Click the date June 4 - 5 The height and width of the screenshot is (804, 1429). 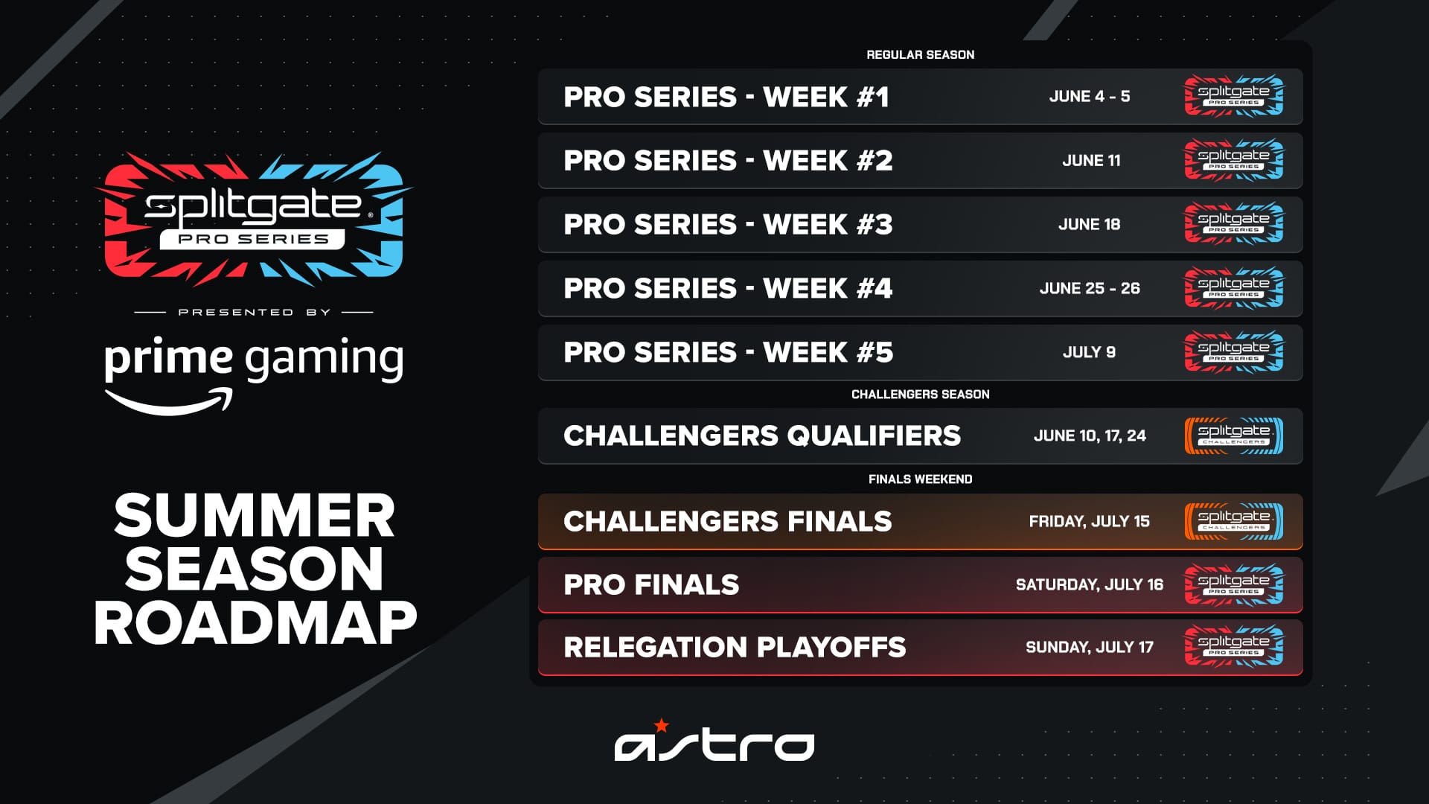[1089, 97]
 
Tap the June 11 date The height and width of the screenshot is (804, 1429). [1091, 161]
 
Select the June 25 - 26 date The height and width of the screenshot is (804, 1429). [1090, 289]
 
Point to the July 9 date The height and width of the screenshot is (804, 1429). [1089, 353]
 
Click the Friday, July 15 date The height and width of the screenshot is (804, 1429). [1089, 522]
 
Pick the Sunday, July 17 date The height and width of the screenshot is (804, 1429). [1089, 648]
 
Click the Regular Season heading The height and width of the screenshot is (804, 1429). [920, 55]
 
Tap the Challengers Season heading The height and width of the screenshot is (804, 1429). [920, 395]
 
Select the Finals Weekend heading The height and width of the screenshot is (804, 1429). [920, 479]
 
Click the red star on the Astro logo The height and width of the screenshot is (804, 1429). [661, 725]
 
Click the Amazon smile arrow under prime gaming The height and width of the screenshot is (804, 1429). [170, 403]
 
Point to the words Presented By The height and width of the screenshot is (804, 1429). [254, 313]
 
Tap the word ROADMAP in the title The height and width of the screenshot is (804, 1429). [255, 623]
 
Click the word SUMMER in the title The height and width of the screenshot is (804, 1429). [255, 516]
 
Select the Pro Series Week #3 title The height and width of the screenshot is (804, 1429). [728, 225]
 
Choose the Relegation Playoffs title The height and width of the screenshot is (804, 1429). [735, 648]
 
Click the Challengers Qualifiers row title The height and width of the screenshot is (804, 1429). [762, 436]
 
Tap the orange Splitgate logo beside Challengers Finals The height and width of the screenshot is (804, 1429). [1233, 522]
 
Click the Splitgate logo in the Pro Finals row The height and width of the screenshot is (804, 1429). [1233, 585]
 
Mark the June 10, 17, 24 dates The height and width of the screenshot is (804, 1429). [1089, 436]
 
